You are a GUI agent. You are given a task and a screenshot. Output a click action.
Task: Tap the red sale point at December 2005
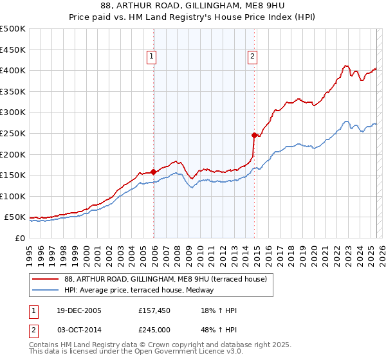tap(154, 172)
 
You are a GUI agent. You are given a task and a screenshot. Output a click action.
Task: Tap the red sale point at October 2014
tap(255, 135)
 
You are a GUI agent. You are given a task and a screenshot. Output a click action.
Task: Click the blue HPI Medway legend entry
tap(138, 290)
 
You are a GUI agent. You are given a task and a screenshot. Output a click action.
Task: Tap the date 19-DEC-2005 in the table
tap(78, 311)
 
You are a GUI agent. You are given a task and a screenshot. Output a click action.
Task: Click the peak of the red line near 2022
tap(346, 65)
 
